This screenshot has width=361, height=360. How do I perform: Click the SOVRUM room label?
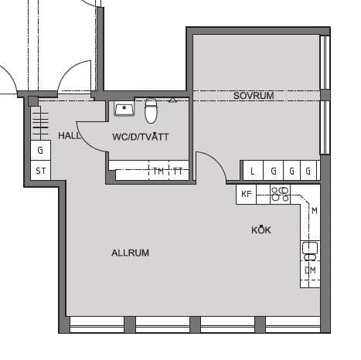coord(254,96)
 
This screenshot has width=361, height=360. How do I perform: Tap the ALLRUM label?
coord(130,253)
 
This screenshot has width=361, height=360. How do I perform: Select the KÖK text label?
coord(261,230)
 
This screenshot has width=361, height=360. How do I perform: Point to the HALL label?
coord(70,135)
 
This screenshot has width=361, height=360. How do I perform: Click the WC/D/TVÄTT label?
coord(141,137)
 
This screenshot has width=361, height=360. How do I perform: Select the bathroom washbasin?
coord(123,108)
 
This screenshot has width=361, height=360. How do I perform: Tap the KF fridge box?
coord(247,194)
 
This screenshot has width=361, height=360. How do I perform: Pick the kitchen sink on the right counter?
coord(310,249)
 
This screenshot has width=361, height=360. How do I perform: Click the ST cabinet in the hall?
coord(40,171)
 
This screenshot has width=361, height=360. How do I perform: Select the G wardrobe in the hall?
coord(40,151)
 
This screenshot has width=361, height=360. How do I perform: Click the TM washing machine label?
coord(158,172)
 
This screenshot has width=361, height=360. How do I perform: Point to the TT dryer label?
coord(178,172)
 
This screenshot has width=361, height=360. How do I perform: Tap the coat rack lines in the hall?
coord(40,123)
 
